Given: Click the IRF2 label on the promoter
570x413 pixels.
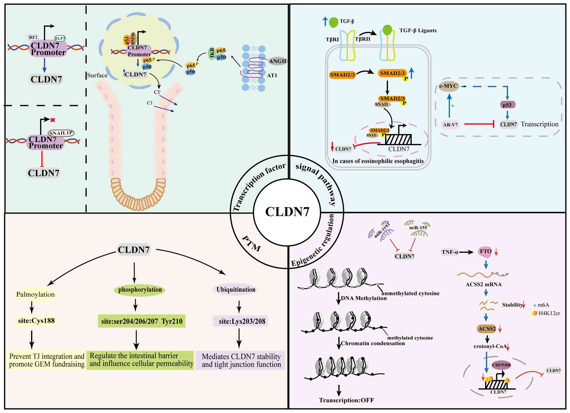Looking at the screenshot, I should [x=33, y=37].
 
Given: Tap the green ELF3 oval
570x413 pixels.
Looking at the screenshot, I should [x=60, y=38].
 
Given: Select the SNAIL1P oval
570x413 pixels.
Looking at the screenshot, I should [x=61, y=133].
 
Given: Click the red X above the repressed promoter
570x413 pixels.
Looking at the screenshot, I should [x=52, y=120].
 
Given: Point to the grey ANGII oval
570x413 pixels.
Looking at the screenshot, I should [x=277, y=61].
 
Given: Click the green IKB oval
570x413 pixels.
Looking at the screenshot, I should [x=212, y=53].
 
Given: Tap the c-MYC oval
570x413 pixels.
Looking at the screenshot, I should [x=448, y=86].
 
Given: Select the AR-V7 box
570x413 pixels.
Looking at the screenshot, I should [x=450, y=125].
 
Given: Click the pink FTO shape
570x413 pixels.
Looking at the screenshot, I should [x=485, y=251].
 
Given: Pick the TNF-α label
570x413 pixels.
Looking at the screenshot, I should [x=450, y=252].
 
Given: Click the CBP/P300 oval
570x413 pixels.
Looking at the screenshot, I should [x=501, y=365].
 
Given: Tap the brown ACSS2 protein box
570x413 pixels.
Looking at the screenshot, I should [x=487, y=329].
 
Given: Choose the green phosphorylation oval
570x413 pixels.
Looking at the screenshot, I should [x=140, y=290].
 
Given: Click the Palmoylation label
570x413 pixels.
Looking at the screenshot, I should [x=35, y=294].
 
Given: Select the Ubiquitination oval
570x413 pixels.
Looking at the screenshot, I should [x=236, y=290].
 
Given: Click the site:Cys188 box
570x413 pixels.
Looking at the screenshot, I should [x=36, y=321].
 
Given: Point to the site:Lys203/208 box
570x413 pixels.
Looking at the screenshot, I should [x=242, y=321].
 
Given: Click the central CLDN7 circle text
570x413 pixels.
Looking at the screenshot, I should [x=287, y=212].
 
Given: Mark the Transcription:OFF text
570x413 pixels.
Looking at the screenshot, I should [x=346, y=400].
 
